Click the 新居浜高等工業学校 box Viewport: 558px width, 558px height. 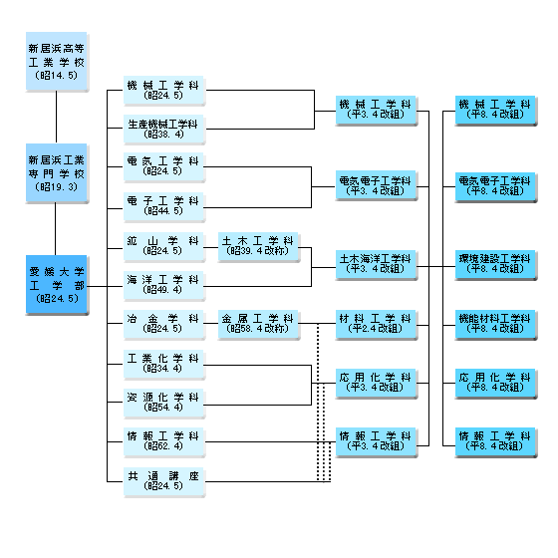(57, 62)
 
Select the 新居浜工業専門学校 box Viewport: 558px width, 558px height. (57, 173)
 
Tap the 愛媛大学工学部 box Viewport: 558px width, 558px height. (57, 285)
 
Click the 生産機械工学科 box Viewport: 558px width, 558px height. (164, 130)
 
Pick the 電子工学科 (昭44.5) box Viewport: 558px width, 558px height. (164, 207)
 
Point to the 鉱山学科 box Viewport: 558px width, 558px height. (164, 247)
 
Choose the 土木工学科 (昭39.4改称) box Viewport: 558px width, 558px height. (259, 247)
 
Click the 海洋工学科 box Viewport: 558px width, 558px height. (164, 287)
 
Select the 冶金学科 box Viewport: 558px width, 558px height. (164, 325)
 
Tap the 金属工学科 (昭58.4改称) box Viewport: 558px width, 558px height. (259, 325)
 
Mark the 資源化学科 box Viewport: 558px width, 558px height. (164, 404)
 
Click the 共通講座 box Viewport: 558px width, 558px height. (164, 482)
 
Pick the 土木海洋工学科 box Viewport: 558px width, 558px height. (377, 265)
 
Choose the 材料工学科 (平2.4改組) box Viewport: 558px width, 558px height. (377, 325)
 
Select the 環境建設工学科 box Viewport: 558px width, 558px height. (496, 265)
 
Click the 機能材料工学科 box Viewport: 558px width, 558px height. (496, 325)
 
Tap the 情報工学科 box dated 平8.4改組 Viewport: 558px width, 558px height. (496, 442)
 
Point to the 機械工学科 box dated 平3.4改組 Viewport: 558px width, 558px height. (377, 111)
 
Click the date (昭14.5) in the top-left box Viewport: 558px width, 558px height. (57, 75)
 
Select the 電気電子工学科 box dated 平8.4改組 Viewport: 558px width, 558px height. (496, 187)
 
